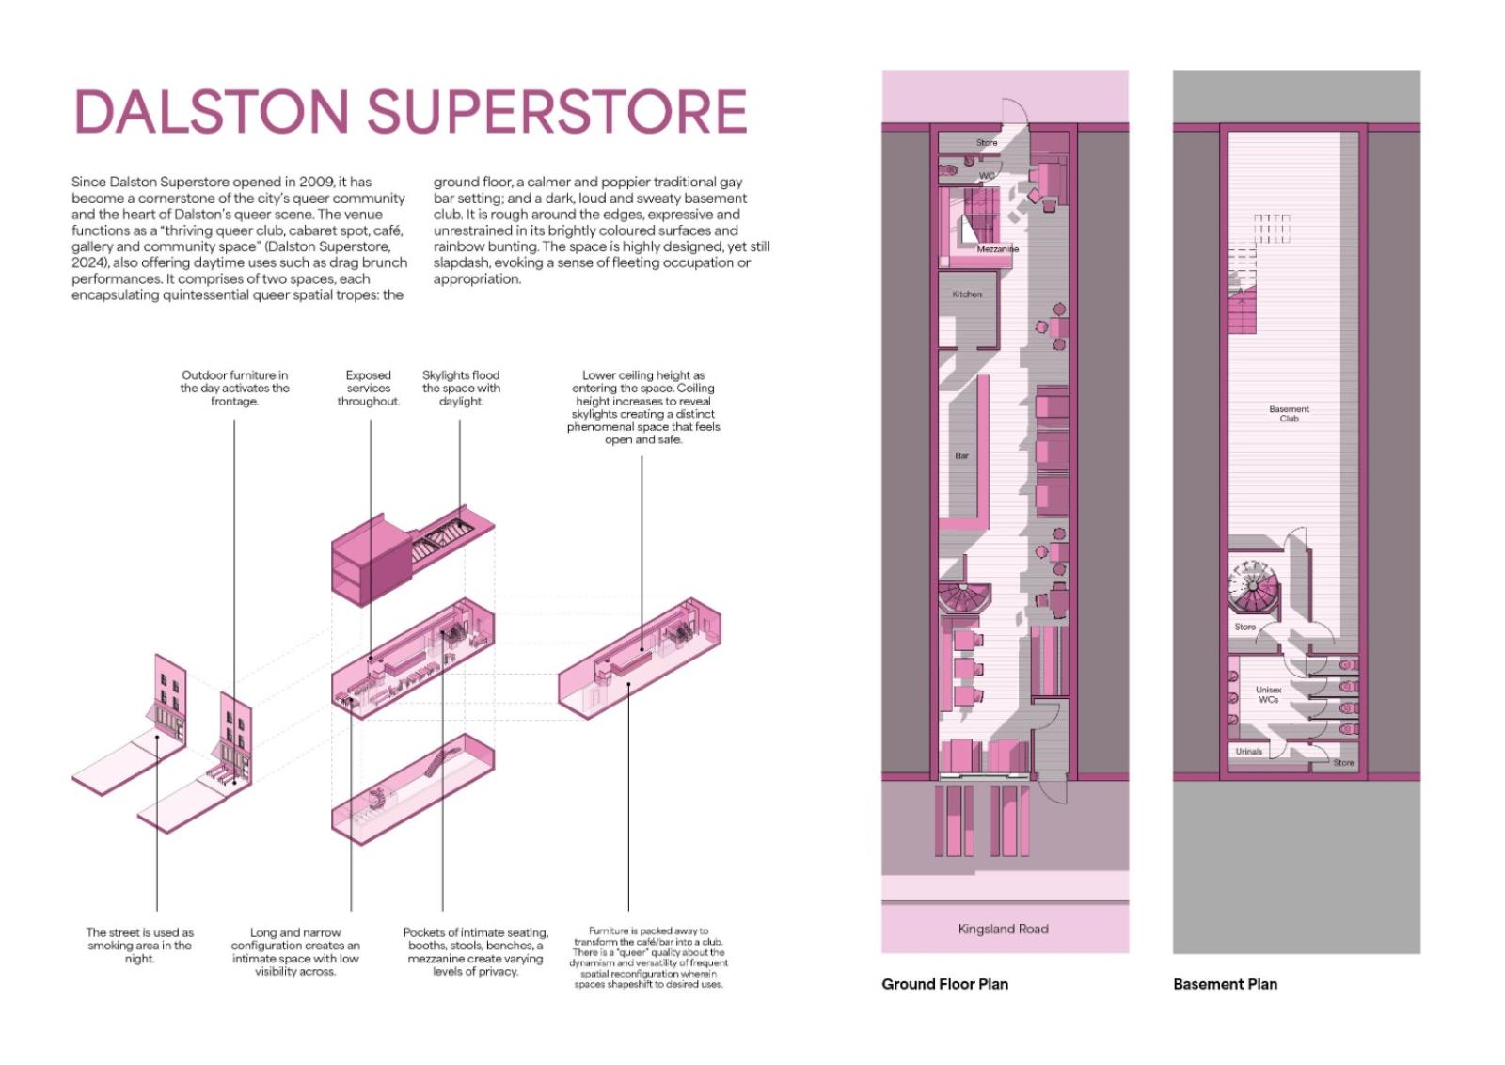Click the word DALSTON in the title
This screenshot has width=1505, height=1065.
(212, 112)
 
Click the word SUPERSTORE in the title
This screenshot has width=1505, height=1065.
(557, 112)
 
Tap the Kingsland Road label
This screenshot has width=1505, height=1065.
(1003, 929)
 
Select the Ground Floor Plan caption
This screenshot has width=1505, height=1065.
(944, 984)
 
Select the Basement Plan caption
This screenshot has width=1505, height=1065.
(1225, 984)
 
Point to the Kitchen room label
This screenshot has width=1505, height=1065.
(967, 294)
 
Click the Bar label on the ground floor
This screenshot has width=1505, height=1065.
(961, 455)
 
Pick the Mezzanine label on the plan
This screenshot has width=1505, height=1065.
(997, 249)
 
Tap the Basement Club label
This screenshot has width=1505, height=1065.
(1289, 414)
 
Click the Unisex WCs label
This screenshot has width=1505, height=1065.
(1268, 694)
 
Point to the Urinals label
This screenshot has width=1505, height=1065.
(1248, 752)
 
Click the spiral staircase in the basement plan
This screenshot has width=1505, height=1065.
(1254, 590)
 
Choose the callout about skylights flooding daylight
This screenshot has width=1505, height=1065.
(461, 388)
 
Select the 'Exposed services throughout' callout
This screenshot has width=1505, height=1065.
(368, 388)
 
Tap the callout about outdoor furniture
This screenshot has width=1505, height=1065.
(234, 388)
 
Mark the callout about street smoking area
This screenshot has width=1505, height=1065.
(139, 946)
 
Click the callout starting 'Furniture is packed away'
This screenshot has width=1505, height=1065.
(648, 958)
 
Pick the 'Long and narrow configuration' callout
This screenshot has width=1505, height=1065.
(295, 952)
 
